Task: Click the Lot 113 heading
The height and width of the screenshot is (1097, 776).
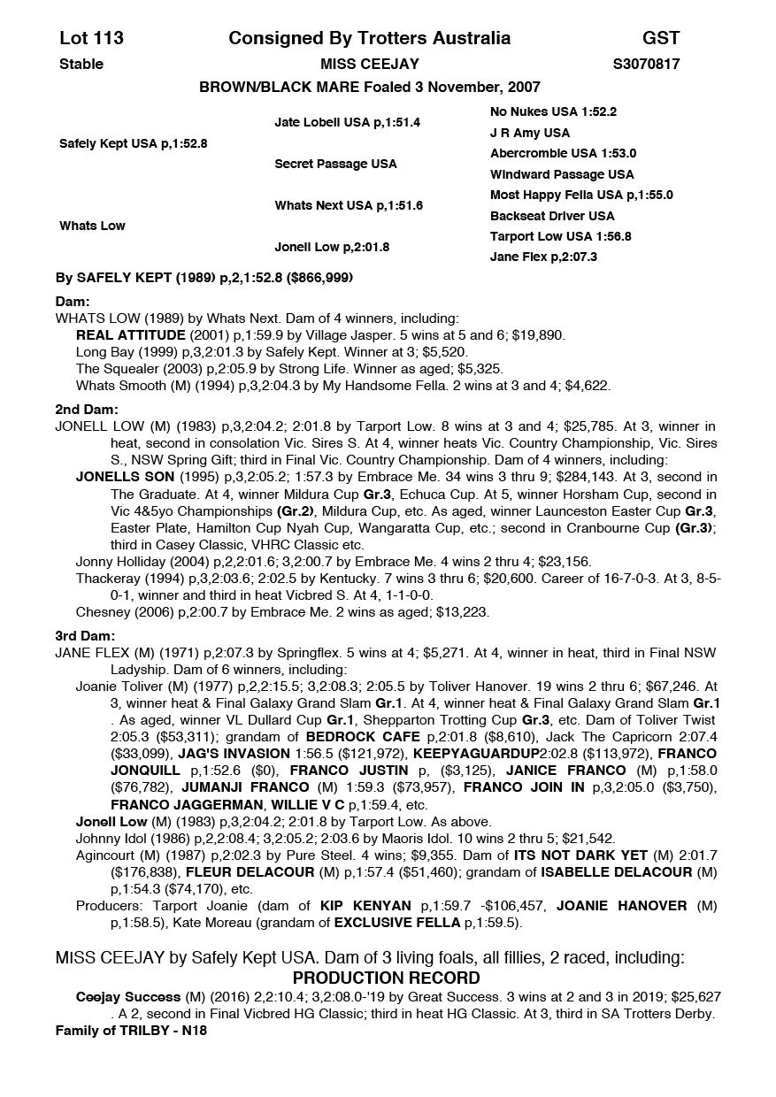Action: pos(91,38)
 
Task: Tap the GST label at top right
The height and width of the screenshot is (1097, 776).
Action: pos(661,38)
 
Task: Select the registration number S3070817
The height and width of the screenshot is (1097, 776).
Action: pos(646,64)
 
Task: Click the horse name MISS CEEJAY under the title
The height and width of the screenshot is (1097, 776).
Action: pos(369,64)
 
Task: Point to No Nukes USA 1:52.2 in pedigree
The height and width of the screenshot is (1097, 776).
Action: pos(553,112)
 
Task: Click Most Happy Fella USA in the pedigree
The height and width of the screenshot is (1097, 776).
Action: pos(581,195)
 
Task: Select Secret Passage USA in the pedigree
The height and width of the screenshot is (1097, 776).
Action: pos(335,164)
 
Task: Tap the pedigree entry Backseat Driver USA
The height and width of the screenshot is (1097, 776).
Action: pos(552,216)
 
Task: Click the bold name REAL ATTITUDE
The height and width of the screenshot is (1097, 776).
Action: pos(132,335)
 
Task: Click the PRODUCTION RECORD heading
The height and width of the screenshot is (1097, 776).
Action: pos(386,978)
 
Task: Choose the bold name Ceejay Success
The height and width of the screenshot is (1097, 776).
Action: pos(128,997)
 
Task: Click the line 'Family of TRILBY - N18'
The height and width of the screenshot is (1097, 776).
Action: pos(131,1031)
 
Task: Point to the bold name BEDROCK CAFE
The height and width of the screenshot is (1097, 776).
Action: pos(362,736)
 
